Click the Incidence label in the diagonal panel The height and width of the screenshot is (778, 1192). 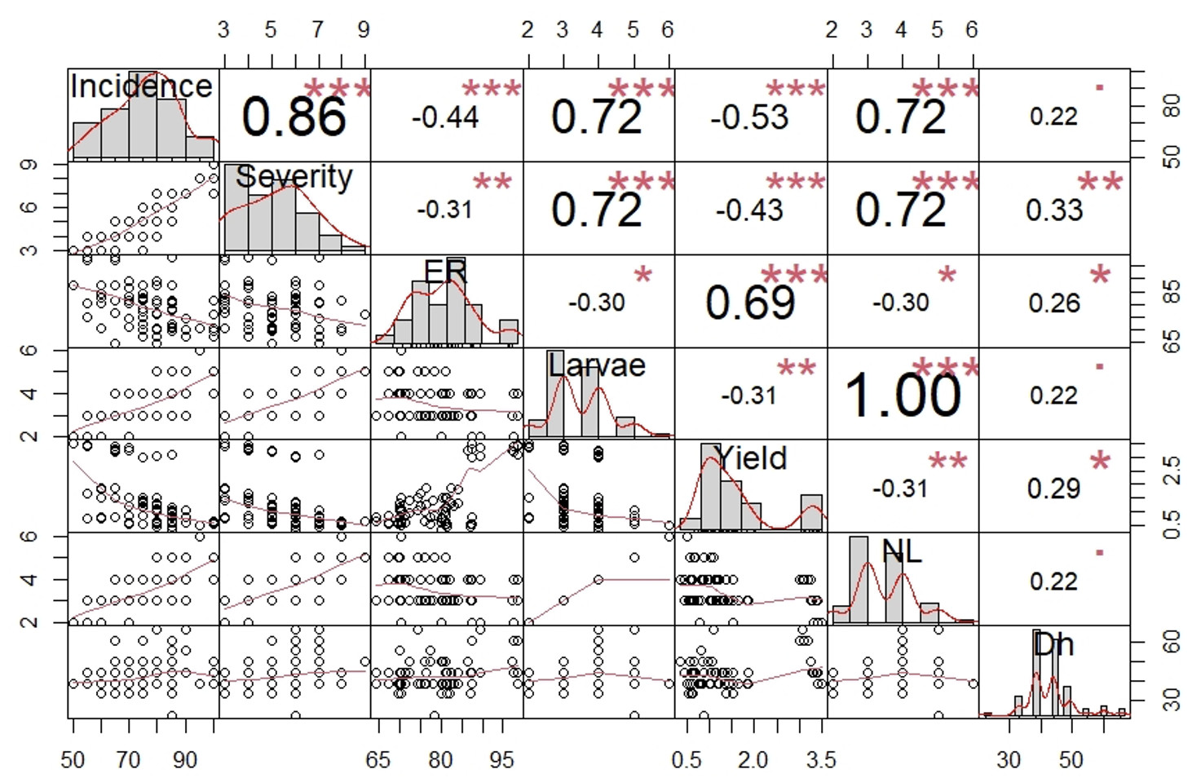141,86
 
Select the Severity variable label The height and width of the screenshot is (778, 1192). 294,177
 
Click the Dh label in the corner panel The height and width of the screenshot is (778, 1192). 1053,644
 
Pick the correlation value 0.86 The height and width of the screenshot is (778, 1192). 294,117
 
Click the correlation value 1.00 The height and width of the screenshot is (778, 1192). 902,396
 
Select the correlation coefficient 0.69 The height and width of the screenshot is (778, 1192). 750,303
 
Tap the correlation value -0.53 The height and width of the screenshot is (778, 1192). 749,117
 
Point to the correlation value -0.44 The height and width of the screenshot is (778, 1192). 444,117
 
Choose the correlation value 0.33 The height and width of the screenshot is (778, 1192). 1053,210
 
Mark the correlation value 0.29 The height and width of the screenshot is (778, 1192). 1053,488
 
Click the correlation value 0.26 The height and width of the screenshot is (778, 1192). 1053,303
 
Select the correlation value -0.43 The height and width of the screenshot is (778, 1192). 749,210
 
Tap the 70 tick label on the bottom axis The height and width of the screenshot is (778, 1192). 128,760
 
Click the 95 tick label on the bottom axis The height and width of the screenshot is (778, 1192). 501,760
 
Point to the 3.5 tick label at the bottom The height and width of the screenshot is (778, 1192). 821,760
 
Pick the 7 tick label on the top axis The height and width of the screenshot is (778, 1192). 317,30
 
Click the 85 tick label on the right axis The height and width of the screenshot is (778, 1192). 1171,291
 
